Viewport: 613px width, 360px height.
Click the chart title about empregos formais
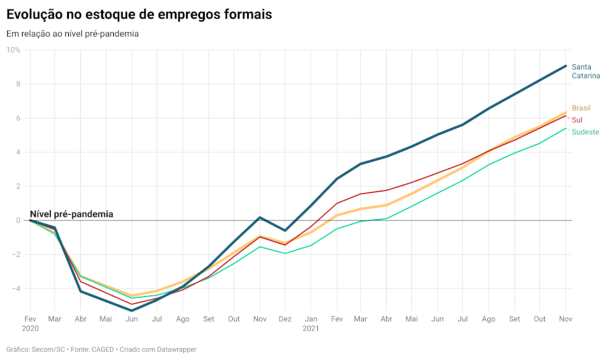point(139,14)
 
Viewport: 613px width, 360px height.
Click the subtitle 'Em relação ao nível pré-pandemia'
point(72,34)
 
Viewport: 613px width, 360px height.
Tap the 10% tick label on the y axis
point(13,50)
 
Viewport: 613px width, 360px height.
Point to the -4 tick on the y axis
point(16,289)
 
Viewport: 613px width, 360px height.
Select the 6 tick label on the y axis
point(18,118)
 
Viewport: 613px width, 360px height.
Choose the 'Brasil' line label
point(581,108)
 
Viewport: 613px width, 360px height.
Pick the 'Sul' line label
point(577,120)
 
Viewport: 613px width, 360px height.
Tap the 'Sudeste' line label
point(585,132)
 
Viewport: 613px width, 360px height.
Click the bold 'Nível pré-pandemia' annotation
point(71,214)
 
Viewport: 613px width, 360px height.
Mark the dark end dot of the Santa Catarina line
point(565,66)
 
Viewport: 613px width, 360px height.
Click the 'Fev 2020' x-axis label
point(30,323)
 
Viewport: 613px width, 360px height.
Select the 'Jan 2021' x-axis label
point(311,323)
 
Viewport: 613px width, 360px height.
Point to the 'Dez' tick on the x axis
point(285,319)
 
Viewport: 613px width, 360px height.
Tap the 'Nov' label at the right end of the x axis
point(565,319)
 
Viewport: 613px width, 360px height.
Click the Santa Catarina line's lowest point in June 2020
point(132,310)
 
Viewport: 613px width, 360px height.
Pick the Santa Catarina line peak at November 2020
point(260,217)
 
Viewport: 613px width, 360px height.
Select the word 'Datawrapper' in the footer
point(175,349)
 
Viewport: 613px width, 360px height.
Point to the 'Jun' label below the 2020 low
point(132,319)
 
